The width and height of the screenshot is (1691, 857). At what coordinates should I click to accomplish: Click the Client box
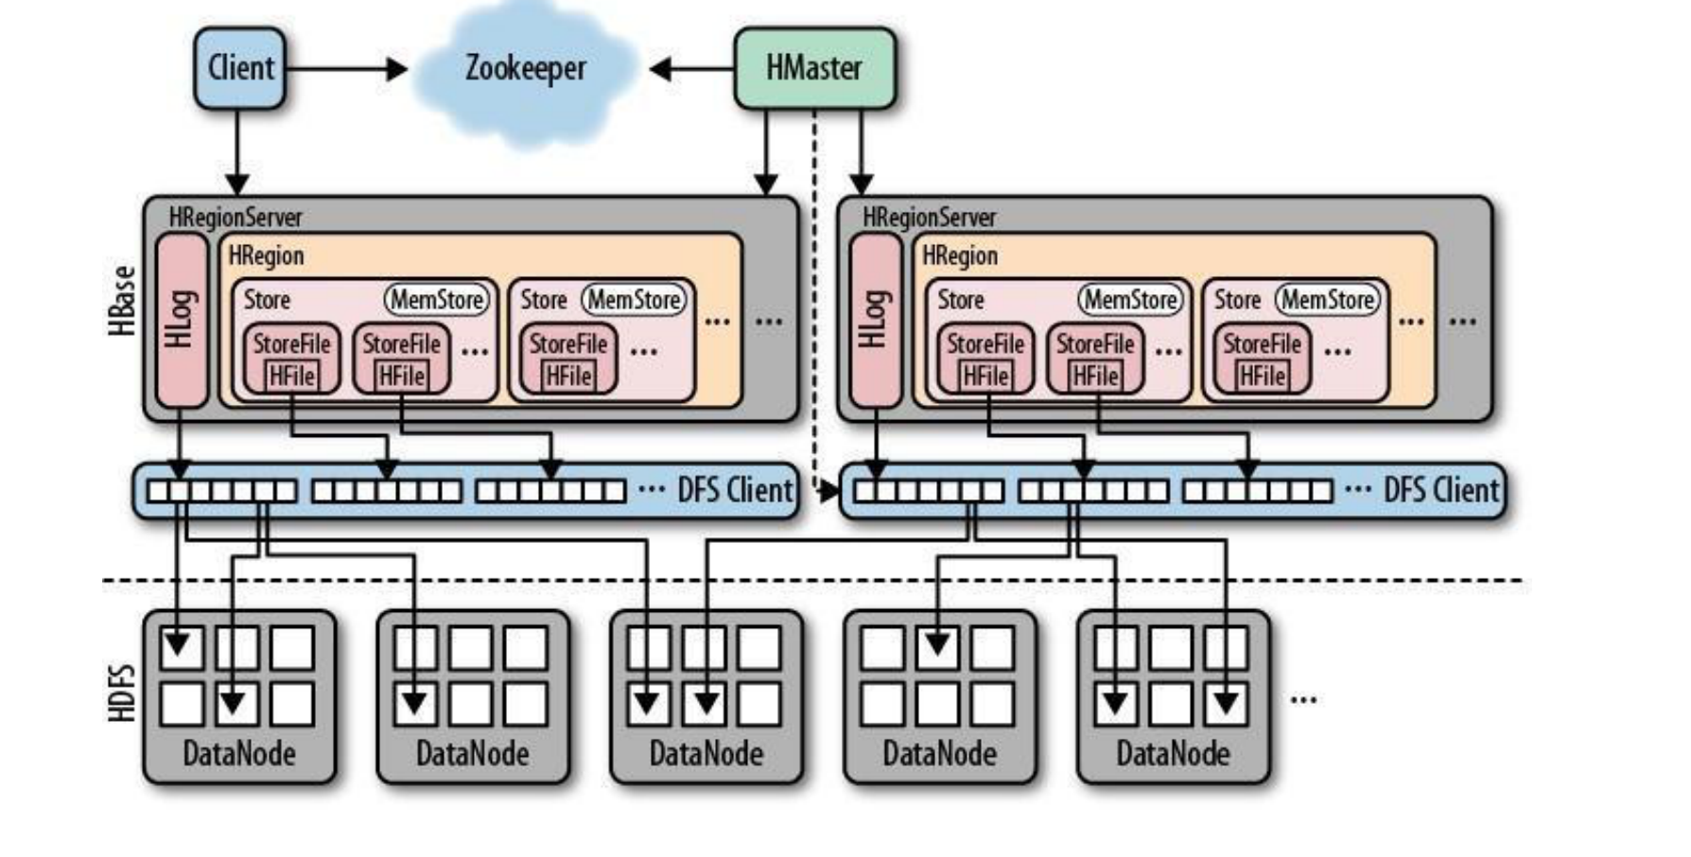coord(240,68)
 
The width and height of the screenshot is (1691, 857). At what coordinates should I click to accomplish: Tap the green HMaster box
coord(814,68)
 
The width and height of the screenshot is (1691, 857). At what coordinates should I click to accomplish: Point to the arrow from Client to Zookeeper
coord(346,69)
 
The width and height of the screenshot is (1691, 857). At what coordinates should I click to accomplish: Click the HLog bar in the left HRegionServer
coord(182,319)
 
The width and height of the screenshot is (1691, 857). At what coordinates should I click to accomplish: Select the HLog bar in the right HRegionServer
coord(876,319)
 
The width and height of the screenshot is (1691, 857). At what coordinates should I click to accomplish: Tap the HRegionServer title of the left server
coord(235,218)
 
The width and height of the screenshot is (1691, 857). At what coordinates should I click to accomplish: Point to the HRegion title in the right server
coord(960,256)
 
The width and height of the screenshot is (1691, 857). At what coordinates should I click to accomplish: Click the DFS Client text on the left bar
coord(735,490)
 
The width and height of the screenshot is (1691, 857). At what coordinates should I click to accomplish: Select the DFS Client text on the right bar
coord(1440,490)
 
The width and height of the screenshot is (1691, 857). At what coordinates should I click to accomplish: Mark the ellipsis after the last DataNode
coord(1303,699)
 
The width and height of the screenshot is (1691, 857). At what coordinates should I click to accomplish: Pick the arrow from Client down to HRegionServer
coord(237,151)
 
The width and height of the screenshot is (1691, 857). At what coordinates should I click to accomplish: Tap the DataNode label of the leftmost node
coord(239,754)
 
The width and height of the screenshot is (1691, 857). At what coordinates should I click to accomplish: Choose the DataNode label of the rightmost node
coord(1173,754)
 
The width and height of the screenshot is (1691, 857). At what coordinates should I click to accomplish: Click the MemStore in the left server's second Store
coord(635,300)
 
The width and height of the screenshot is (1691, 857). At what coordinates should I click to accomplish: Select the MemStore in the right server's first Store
coord(1130,300)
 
